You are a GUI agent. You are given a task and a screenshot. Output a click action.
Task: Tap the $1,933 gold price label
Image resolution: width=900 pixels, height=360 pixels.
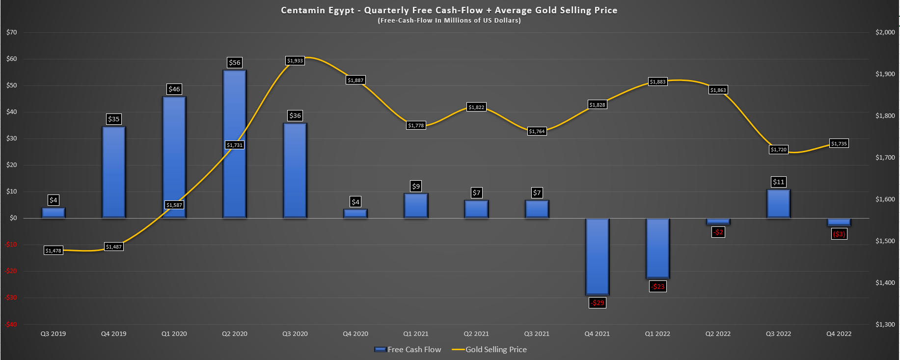tap(295, 61)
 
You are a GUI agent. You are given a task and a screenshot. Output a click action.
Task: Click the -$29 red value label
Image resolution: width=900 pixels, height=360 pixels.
tap(598, 303)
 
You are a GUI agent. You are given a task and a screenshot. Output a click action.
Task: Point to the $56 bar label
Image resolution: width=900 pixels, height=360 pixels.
tap(235, 63)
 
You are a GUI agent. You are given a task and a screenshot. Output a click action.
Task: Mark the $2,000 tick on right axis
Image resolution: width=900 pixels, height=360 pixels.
tap(885, 32)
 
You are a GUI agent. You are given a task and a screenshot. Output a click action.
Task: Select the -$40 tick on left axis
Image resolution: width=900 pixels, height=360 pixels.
tap(11, 324)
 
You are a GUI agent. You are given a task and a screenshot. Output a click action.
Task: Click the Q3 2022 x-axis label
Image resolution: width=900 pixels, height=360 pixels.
tap(778, 334)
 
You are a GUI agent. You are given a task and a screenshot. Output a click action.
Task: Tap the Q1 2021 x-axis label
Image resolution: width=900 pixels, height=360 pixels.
tap(415, 334)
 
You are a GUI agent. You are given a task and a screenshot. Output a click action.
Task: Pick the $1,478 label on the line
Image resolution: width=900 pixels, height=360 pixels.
tap(54, 250)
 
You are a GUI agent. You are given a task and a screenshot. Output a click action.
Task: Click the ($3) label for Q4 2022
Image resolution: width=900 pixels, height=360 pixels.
tap(839, 234)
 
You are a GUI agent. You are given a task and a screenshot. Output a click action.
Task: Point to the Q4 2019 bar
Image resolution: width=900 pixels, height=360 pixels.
tap(114, 172)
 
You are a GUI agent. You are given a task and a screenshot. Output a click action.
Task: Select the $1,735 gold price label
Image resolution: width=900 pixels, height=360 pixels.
tap(839, 143)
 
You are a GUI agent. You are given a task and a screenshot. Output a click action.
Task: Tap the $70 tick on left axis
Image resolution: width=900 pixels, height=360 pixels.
tap(11, 32)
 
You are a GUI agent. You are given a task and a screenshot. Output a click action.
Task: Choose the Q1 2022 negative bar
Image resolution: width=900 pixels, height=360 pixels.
tap(657, 248)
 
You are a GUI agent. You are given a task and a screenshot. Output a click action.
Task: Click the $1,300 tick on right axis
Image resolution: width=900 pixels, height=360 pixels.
tap(885, 324)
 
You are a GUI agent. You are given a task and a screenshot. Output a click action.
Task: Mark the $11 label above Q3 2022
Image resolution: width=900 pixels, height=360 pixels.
tap(778, 182)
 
